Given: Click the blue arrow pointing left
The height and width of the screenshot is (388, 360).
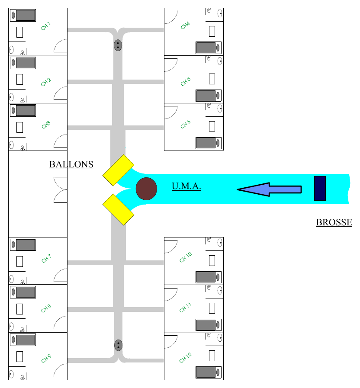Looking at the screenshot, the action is click(x=269, y=189).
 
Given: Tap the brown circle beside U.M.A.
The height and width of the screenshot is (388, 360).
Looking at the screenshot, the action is click(x=146, y=189).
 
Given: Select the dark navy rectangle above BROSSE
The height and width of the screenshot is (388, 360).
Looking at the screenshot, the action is click(x=320, y=188).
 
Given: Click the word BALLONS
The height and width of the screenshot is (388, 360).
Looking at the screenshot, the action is click(x=71, y=164).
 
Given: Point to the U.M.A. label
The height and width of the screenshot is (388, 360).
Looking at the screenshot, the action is click(x=186, y=186).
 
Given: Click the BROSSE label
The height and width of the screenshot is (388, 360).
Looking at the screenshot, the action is click(x=334, y=222).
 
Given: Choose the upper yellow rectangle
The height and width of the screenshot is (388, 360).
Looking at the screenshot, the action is click(x=119, y=170).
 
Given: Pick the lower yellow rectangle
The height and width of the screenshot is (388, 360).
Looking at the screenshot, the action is click(x=119, y=209).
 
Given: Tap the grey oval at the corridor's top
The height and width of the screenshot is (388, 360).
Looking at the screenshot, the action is click(x=118, y=45).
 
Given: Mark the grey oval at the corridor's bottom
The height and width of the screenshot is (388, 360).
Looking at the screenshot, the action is click(x=119, y=345).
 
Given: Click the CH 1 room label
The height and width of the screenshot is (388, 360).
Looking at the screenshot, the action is click(x=46, y=26).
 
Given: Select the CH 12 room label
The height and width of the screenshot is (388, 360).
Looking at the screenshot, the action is click(x=185, y=358).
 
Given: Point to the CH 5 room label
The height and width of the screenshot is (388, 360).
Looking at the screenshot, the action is click(x=186, y=82).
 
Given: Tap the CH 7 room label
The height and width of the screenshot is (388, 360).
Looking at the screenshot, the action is click(x=46, y=258).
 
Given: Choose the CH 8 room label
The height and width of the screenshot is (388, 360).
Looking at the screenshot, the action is click(x=46, y=308).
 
